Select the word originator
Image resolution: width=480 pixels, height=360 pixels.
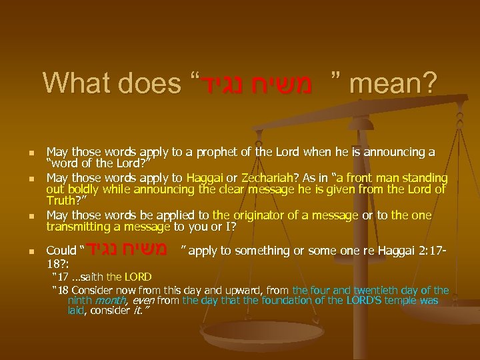point(244,216)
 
